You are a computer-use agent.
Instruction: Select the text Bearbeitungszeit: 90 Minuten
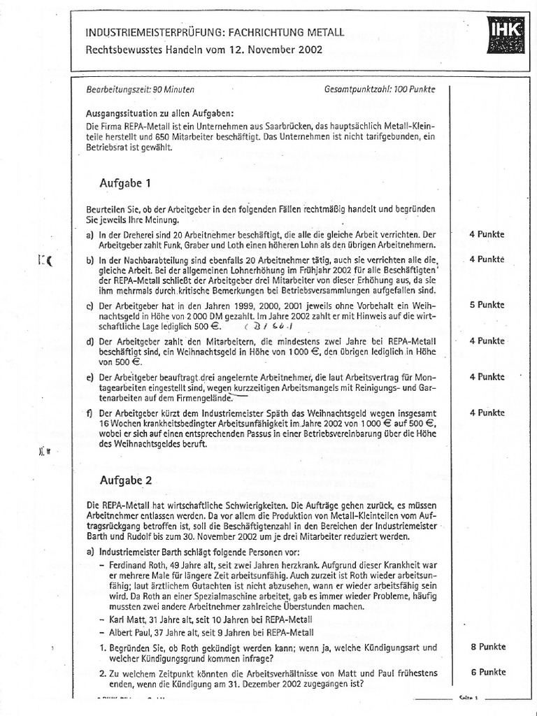click(140, 89)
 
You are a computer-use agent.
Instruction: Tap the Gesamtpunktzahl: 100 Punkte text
click(380, 89)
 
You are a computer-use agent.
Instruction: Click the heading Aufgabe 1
click(127, 182)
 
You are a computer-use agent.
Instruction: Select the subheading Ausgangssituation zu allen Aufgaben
click(160, 113)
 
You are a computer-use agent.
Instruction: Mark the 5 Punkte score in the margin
click(487, 306)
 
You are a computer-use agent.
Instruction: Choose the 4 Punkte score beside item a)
click(487, 234)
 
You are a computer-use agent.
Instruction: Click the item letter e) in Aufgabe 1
click(89, 377)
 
